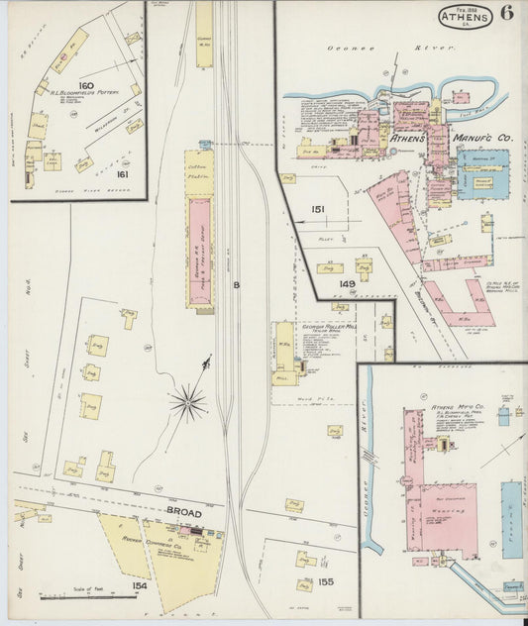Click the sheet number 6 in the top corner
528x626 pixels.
(506, 14)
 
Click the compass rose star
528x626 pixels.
(187, 402)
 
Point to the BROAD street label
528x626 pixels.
(183, 513)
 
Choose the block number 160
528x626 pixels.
(86, 86)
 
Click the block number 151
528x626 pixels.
(318, 210)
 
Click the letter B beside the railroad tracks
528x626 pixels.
(236, 285)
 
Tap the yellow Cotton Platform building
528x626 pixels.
(198, 172)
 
